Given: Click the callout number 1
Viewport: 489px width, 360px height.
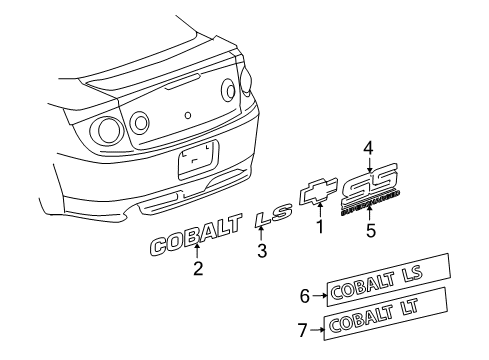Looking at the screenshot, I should click(x=321, y=227).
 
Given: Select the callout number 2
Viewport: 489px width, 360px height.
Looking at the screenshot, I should click(x=198, y=267).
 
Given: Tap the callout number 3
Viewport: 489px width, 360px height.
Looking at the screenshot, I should click(x=262, y=251).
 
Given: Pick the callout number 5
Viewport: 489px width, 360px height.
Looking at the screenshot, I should click(x=369, y=230).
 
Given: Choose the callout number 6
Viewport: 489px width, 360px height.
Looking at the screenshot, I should click(x=305, y=295).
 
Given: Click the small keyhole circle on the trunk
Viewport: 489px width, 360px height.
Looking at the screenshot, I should click(x=188, y=114).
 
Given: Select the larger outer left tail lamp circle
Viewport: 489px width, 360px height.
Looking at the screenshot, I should click(x=105, y=130).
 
